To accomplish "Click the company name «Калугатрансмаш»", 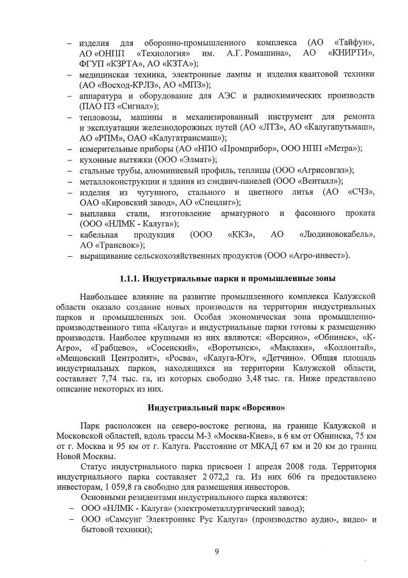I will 190,138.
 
